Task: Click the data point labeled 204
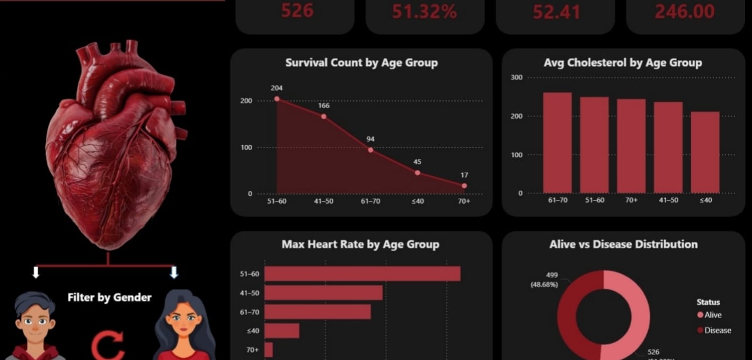(x=277, y=99)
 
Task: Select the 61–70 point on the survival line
(x=370, y=150)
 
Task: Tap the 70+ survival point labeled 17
(x=464, y=186)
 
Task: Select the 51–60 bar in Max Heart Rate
(x=362, y=274)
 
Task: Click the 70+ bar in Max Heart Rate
(x=268, y=350)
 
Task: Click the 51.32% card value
(x=424, y=12)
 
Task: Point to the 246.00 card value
(x=685, y=12)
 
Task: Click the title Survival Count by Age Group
(x=361, y=63)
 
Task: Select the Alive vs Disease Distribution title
(x=623, y=244)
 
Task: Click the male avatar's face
(x=34, y=323)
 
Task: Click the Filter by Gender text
(x=110, y=297)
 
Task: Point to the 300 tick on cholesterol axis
(x=516, y=77)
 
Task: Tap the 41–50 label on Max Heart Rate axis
(x=249, y=293)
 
